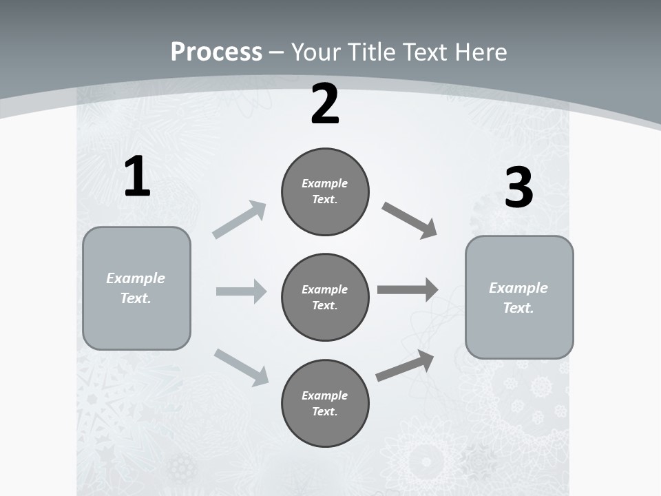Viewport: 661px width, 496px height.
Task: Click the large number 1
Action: click(137, 176)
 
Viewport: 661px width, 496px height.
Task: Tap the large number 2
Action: click(325, 105)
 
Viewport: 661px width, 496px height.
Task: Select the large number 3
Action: click(518, 188)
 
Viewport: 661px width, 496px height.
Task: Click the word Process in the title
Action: click(216, 52)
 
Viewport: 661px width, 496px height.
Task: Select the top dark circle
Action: click(325, 192)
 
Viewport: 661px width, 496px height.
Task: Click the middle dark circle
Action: click(325, 298)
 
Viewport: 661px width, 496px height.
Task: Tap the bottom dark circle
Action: click(325, 404)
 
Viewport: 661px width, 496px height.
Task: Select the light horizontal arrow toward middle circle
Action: click(241, 291)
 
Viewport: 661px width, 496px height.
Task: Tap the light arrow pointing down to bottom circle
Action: click(241, 366)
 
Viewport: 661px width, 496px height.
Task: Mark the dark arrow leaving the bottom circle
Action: click(405, 366)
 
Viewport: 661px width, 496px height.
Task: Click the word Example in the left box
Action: click(136, 278)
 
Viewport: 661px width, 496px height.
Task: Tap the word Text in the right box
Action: click(518, 308)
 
